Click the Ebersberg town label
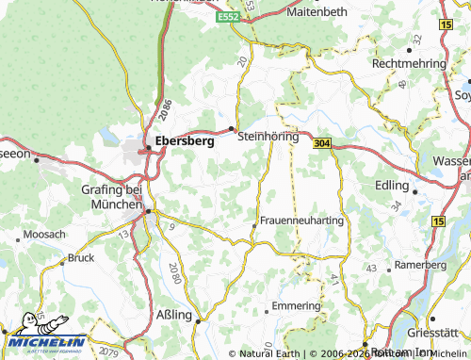coord(184,145)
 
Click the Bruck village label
coord(81,257)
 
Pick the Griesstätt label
coord(442,331)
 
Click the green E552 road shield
coord(228,18)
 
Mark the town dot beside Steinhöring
coord(233,128)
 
